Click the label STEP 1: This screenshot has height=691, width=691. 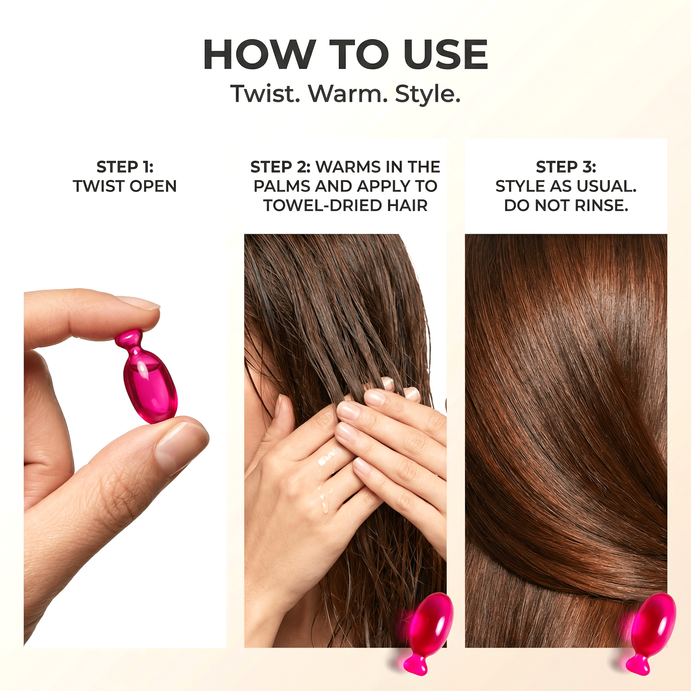(125, 167)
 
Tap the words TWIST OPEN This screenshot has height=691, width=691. (125, 186)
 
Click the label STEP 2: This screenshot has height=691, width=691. (280, 167)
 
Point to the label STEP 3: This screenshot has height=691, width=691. (566, 167)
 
